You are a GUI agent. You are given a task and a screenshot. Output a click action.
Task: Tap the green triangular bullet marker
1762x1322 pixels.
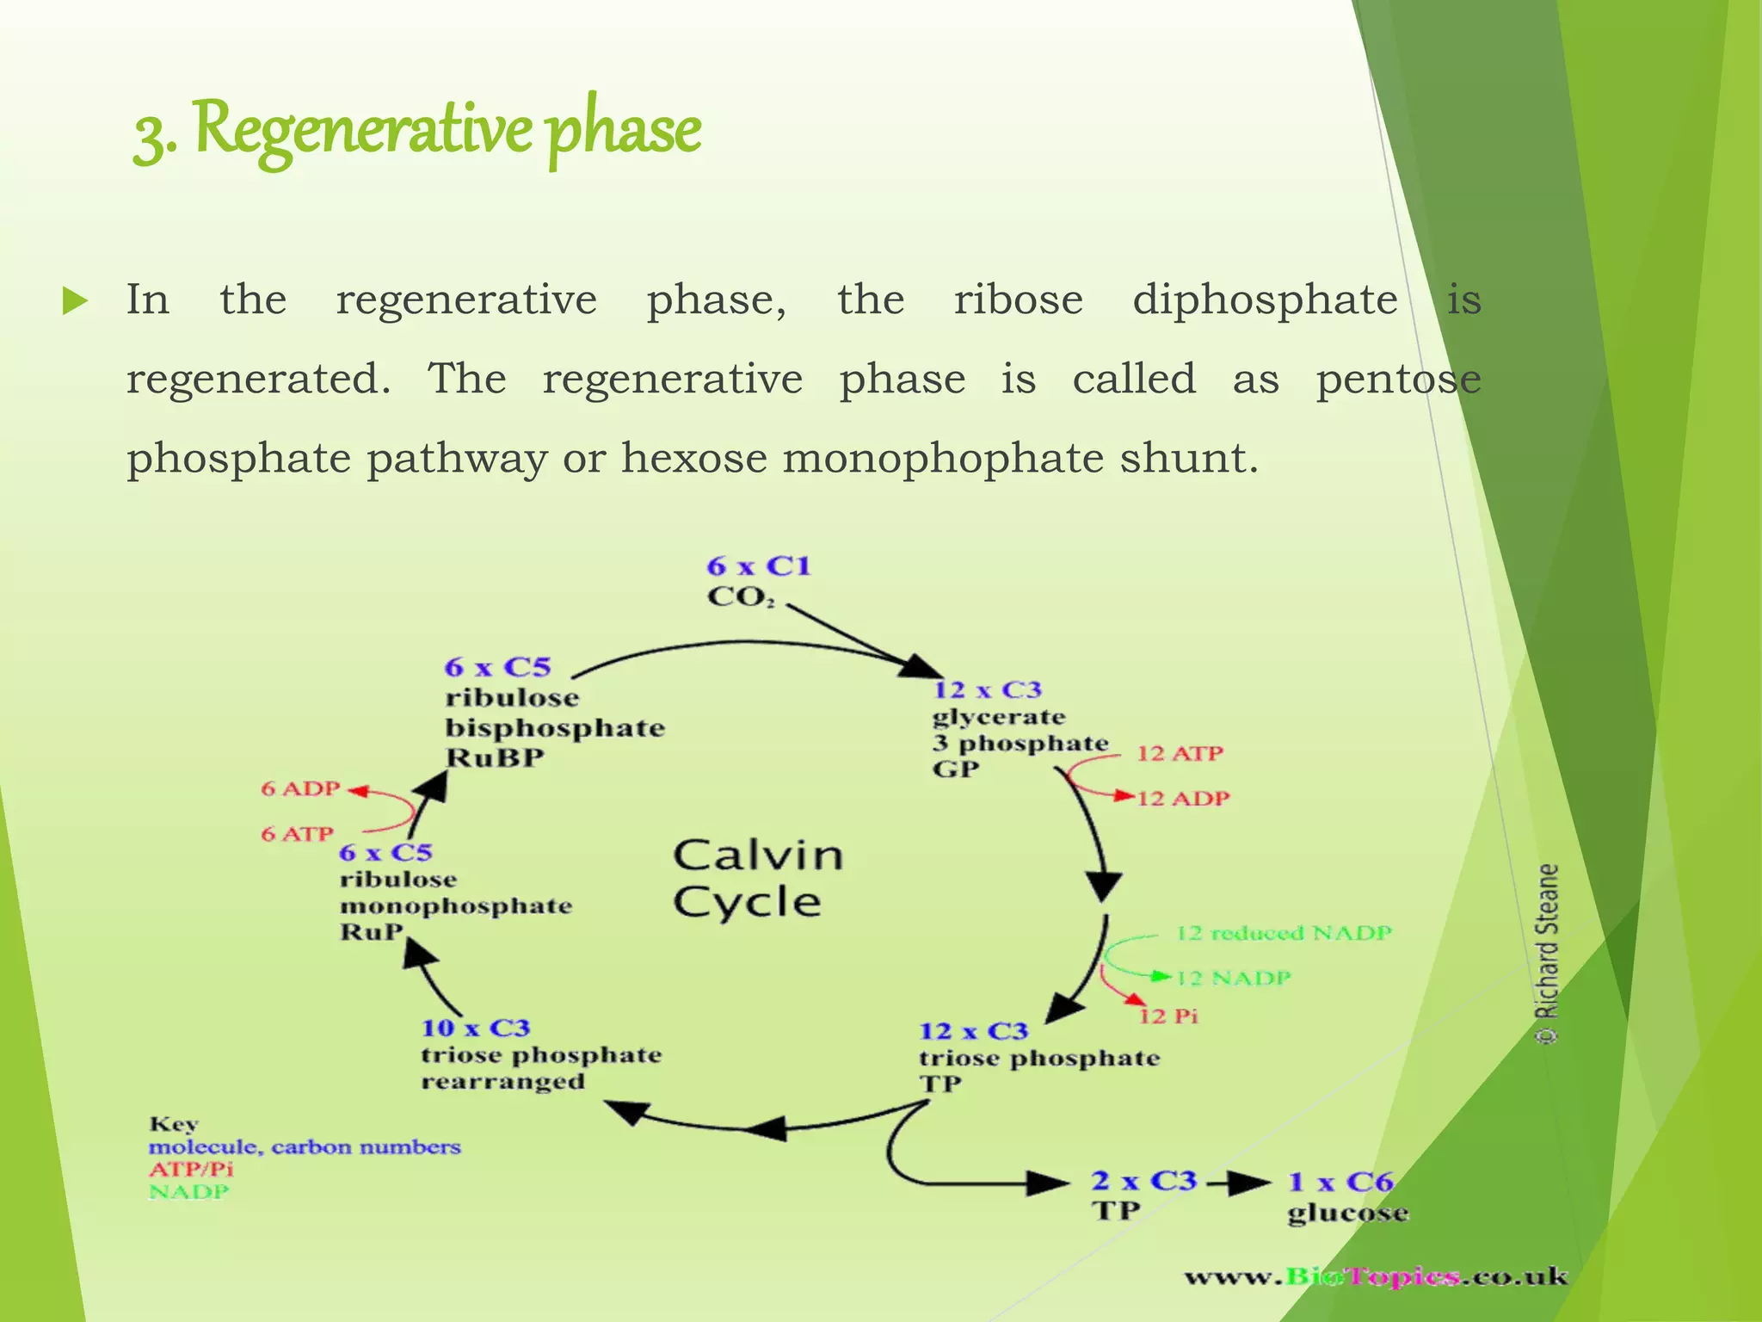(75, 301)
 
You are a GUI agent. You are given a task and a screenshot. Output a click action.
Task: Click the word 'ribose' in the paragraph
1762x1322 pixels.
(1018, 300)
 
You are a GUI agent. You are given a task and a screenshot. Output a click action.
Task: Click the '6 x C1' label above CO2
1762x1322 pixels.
(758, 566)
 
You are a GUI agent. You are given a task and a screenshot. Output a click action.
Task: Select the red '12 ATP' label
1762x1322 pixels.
(1180, 754)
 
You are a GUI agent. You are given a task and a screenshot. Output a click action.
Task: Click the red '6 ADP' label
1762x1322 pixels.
(301, 788)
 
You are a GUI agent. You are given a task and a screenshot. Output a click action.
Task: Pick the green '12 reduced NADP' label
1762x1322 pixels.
(1283, 933)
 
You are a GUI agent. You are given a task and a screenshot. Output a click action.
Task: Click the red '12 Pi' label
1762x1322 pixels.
(1168, 1016)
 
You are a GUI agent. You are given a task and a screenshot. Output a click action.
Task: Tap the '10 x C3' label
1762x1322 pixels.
(475, 1028)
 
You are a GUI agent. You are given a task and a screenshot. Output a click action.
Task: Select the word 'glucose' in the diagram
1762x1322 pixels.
(1347, 1214)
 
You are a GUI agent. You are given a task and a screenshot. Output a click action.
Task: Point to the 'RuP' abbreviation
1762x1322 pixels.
(371, 932)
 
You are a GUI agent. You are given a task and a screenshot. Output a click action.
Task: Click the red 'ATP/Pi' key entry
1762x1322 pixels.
(190, 1170)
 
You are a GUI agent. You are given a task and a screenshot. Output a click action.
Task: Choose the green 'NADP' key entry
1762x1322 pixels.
(188, 1192)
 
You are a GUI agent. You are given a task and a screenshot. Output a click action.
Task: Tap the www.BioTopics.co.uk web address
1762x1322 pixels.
(1375, 1276)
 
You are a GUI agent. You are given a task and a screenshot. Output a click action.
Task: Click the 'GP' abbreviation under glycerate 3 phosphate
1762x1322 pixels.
(955, 769)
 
